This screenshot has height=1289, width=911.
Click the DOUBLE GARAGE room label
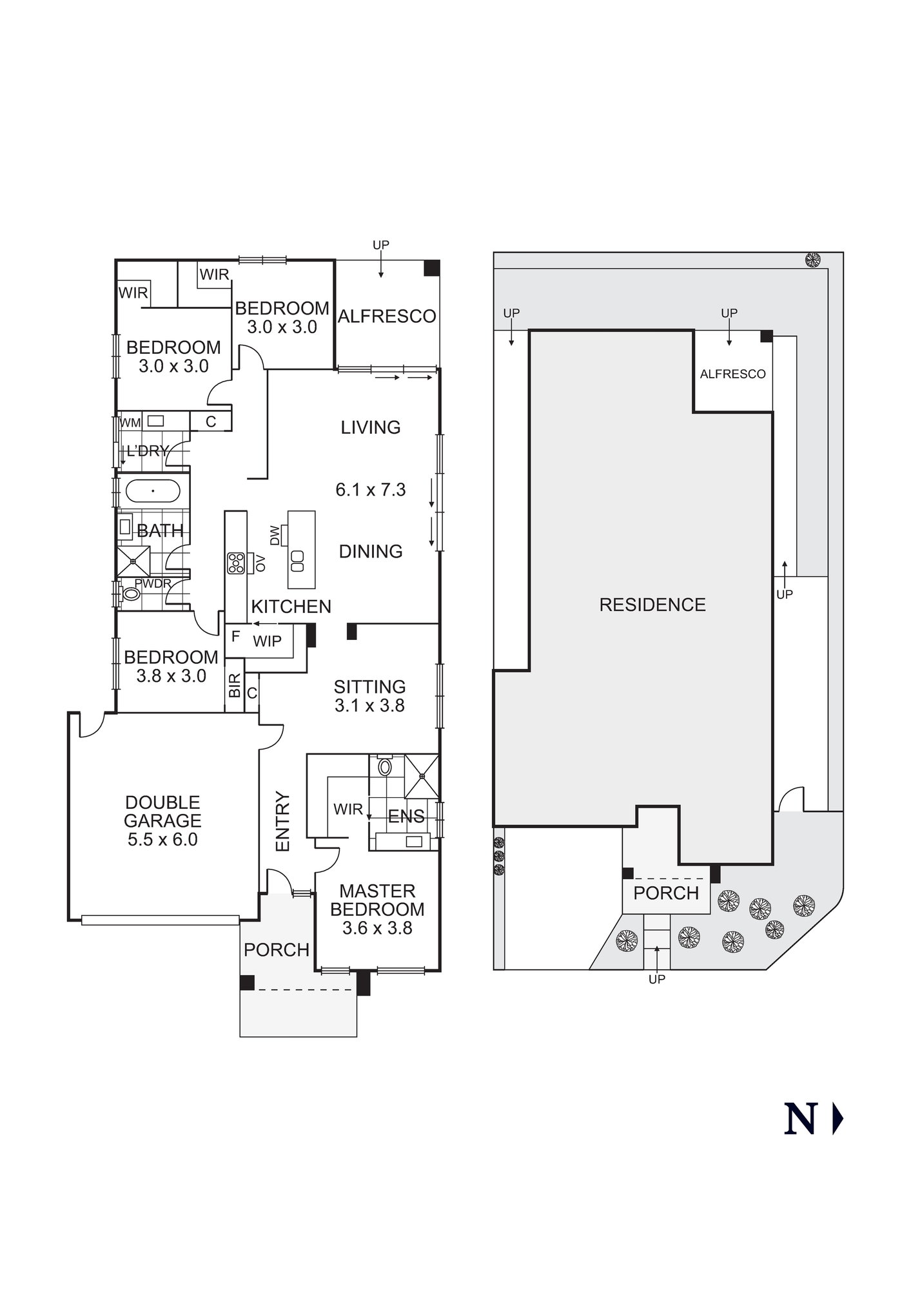[162, 811]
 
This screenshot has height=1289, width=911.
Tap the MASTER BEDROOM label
[377, 900]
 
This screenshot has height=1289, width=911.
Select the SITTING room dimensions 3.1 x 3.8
[369, 706]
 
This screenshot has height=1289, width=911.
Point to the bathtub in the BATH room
[153, 491]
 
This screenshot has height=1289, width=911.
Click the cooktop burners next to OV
[236, 563]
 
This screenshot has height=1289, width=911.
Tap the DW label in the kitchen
[275, 535]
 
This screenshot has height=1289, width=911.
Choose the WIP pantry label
[267, 641]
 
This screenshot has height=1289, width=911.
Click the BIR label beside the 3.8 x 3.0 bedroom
[235, 685]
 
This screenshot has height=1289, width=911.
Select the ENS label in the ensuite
[406, 816]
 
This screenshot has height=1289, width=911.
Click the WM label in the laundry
[130, 423]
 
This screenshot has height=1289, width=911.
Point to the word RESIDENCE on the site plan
[652, 605]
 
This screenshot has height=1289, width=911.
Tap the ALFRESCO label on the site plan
[733, 374]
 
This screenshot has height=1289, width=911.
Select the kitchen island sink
[297, 561]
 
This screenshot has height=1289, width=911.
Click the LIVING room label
[371, 427]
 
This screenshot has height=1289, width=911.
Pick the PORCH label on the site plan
[666, 893]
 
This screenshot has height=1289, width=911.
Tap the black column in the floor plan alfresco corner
[431, 268]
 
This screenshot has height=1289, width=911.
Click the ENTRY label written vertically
[283, 822]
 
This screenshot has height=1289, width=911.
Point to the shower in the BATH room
[133, 561]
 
